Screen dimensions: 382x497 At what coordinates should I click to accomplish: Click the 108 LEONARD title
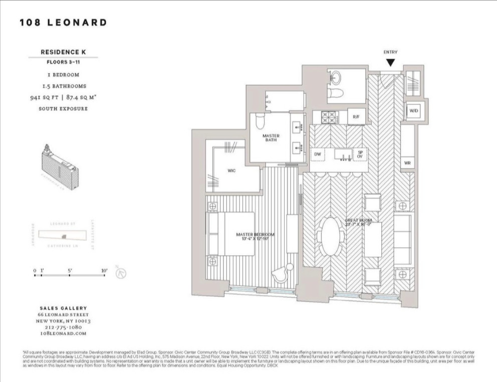pos(63,23)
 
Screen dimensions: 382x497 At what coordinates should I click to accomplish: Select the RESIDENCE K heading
pos(63,52)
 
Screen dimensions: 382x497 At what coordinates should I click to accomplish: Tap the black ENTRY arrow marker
pos(390,63)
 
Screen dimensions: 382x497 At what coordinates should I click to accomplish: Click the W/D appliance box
pos(414,110)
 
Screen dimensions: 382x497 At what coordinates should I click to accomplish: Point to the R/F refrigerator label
pos(356,117)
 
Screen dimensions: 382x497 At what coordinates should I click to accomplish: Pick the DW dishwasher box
pos(317,154)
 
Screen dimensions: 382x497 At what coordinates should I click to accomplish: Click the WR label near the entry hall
pos(407,163)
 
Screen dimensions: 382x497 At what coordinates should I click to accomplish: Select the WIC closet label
pos(231,171)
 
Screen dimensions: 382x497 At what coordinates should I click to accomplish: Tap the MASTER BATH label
pos(271,138)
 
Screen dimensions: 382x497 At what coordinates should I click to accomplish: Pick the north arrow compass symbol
pos(121,274)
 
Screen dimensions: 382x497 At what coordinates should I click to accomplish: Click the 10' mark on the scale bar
pos(104,271)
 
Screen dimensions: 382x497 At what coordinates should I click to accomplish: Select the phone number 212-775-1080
pos(63,327)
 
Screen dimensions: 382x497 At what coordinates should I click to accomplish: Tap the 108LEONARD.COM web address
pos(63,333)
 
